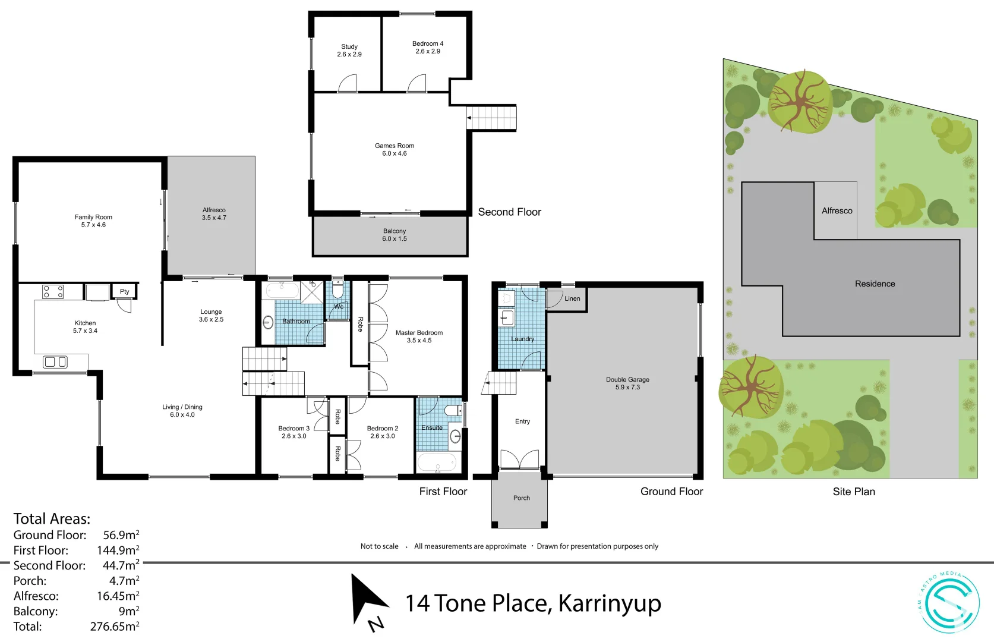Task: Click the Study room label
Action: (x=349, y=46)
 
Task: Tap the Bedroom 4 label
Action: (x=428, y=43)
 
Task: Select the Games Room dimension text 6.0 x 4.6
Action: (x=395, y=153)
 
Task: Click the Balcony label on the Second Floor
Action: (x=395, y=231)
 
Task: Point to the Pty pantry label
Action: (x=124, y=291)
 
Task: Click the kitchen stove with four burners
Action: (x=53, y=292)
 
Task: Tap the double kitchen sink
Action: (x=55, y=361)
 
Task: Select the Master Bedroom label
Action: (x=419, y=333)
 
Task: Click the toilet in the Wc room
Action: (x=337, y=290)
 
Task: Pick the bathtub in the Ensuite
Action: (x=436, y=462)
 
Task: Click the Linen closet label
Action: (x=572, y=298)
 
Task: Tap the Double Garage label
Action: (x=627, y=379)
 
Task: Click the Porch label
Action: (x=522, y=498)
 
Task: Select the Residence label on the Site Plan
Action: (x=875, y=284)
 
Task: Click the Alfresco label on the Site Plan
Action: (x=837, y=211)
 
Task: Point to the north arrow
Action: (x=368, y=600)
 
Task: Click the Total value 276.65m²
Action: (x=115, y=627)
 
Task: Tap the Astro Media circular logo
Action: (x=949, y=602)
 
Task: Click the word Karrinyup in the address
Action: (x=610, y=603)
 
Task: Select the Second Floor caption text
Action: (x=509, y=212)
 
